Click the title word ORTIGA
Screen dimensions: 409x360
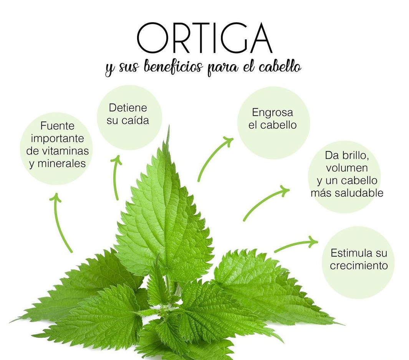[204, 38]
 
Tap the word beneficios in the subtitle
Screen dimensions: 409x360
[173, 67]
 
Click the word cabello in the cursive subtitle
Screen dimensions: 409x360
[280, 66]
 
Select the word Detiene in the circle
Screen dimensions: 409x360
[128, 108]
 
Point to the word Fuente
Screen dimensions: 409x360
[57, 126]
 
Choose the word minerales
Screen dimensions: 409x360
[61, 164]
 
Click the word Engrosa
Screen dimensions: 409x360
[272, 113]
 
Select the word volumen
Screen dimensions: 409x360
[347, 168]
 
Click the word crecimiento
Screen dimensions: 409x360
[359, 265]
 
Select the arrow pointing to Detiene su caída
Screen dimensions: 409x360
[115, 178]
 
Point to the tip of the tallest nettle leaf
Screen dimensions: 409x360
[169, 126]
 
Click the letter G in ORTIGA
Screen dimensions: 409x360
[230, 38]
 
